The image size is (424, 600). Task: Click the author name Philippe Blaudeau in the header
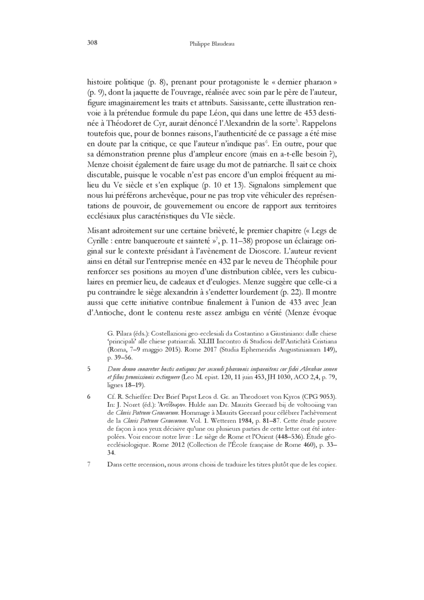coord(212,45)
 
